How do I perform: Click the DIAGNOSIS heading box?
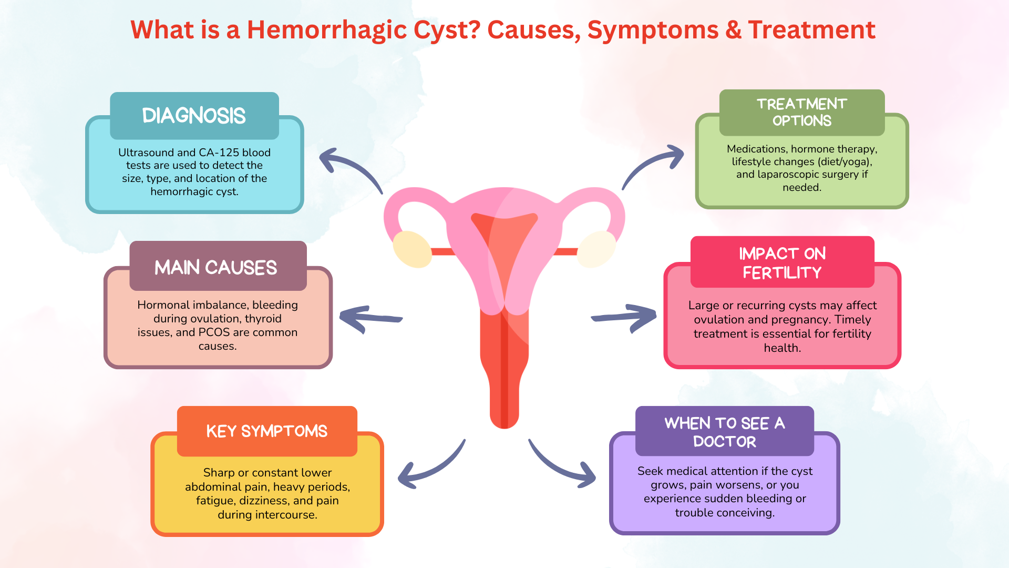194,116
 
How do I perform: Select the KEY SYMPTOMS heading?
267,431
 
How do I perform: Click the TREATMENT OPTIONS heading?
802,113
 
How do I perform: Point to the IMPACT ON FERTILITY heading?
782,262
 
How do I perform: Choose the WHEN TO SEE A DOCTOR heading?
725,431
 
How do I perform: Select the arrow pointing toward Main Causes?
370,318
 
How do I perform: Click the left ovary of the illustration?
412,249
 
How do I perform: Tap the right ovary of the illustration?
596,249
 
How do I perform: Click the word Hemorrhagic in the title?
327,31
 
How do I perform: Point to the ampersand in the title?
733,30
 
